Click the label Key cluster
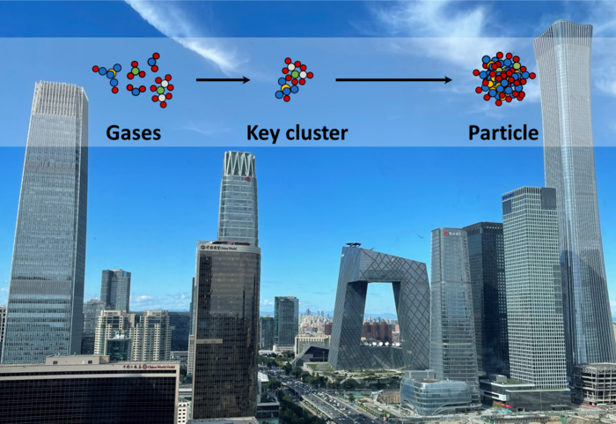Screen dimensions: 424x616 coord(297,133)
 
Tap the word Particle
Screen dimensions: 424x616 coord(502,133)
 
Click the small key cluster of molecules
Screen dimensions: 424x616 coord(295,78)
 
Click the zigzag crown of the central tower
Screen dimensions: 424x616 coord(238,163)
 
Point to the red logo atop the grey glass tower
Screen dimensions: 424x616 coord(452,234)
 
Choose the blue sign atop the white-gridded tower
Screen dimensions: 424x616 coord(529,190)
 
